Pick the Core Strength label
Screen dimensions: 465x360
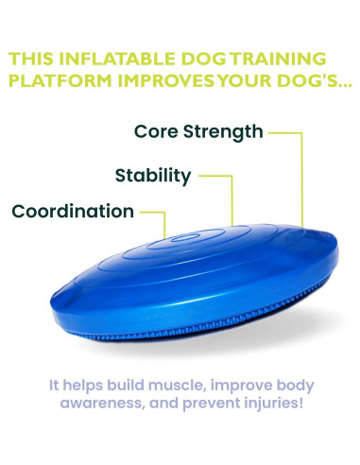pos(197,131)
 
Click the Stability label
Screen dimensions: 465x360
pos(152,175)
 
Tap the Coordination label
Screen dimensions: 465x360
pos(73,211)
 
